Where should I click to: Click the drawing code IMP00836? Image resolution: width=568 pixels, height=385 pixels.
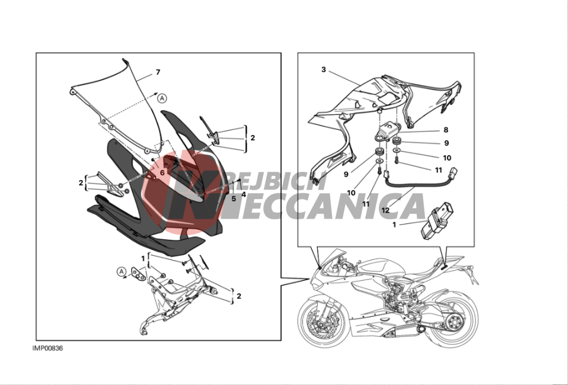[x=47, y=348]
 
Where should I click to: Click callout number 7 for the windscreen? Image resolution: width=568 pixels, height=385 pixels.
[x=158, y=72]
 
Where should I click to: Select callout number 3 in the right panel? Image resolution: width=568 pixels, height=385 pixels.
[x=324, y=69]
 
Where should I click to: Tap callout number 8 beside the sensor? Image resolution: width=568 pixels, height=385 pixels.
[x=446, y=130]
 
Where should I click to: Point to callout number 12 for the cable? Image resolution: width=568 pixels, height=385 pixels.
[x=385, y=210]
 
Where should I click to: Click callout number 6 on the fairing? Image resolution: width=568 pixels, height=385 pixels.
[x=162, y=173]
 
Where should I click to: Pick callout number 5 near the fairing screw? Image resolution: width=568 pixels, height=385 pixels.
[x=234, y=198]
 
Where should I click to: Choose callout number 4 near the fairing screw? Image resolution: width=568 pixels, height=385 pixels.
[x=244, y=195]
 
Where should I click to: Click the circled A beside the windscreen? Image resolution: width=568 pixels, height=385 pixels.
[x=162, y=98]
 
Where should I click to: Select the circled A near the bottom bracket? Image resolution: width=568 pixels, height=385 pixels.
[x=122, y=272]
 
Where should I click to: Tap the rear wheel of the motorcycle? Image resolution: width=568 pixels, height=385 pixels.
[x=452, y=319]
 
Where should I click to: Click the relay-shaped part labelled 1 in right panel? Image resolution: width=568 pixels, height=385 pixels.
[x=436, y=220]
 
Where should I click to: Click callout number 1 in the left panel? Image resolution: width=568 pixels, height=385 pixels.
[x=143, y=258]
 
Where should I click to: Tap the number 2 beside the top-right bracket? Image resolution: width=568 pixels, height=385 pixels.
[x=253, y=138]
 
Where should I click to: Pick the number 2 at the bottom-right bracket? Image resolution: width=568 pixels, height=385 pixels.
[x=239, y=296]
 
